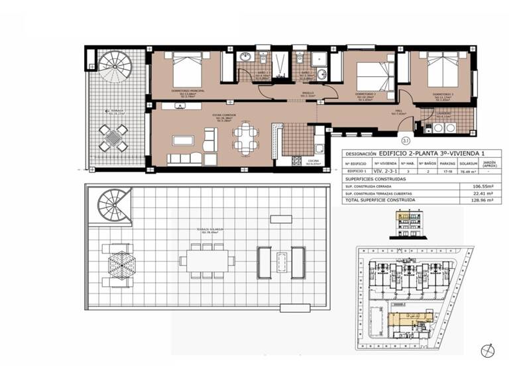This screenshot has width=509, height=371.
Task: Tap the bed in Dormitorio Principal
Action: click(186, 70)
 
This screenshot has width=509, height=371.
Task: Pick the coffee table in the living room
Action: click(182, 140)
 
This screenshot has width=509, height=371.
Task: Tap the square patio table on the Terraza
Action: click(113, 137)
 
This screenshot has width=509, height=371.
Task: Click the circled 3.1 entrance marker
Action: click(406, 140)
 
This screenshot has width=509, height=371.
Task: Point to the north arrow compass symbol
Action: click(488, 350)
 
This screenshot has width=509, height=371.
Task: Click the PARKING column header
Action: click(448, 162)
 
